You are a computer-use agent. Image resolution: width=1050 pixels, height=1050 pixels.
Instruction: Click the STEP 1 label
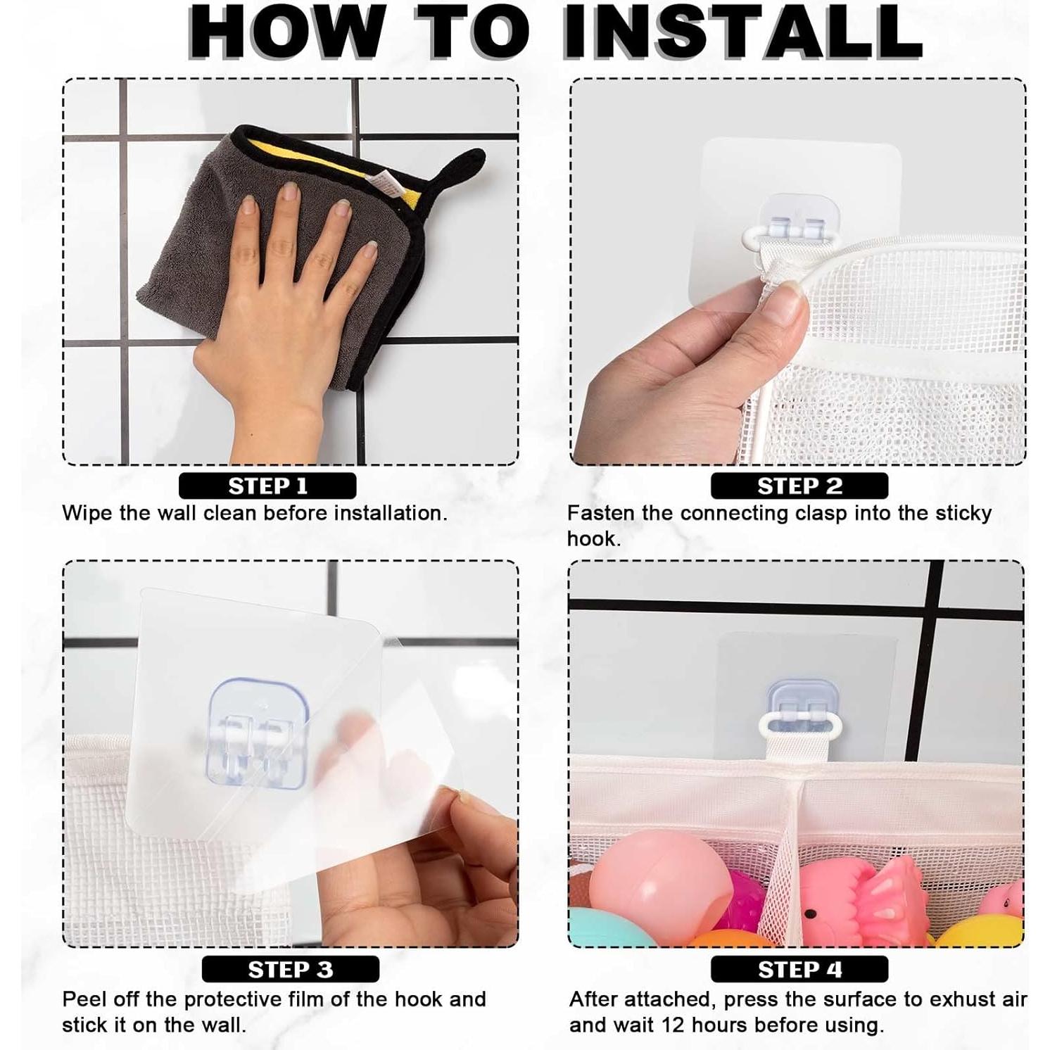click(267, 486)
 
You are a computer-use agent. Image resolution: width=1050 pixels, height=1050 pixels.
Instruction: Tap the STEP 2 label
click(799, 486)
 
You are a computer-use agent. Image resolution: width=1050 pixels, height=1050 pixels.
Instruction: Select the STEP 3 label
click(290, 969)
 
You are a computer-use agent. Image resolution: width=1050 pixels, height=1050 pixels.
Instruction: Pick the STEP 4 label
click(799, 969)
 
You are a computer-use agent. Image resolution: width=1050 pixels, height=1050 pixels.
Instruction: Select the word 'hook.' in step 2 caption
click(594, 539)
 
